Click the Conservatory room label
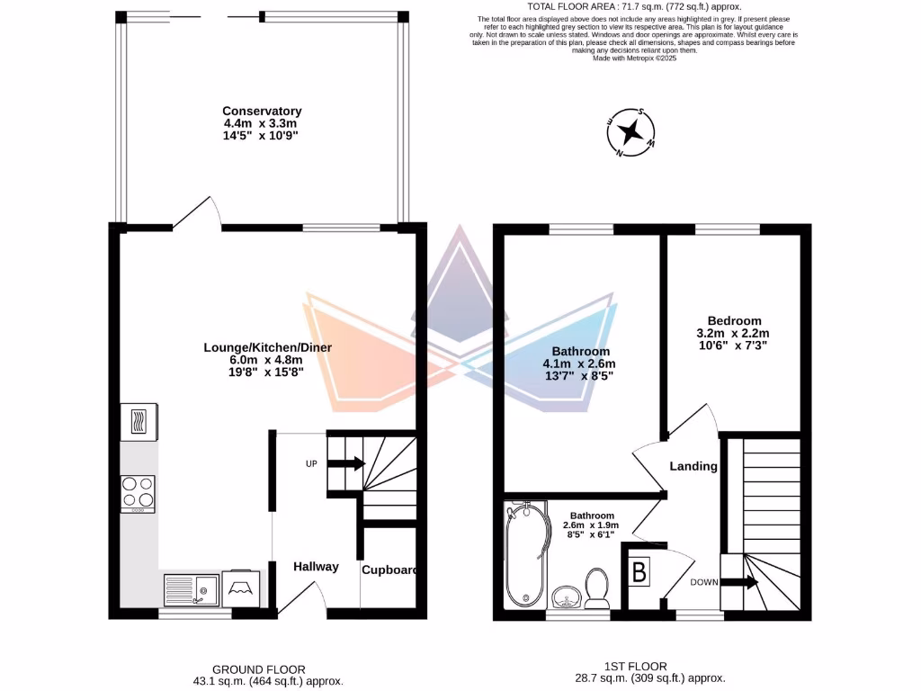(262, 111)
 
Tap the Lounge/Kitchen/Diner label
(262, 346)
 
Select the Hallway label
(316, 566)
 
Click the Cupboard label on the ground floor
(389, 570)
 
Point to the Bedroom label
(734, 320)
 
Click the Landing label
(693, 466)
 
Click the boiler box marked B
(639, 573)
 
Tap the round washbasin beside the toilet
(566, 596)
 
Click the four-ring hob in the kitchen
(138, 493)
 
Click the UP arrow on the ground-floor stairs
(345, 464)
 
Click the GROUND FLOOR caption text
(258, 669)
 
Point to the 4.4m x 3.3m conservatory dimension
(262, 123)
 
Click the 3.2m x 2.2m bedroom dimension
(734, 333)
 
